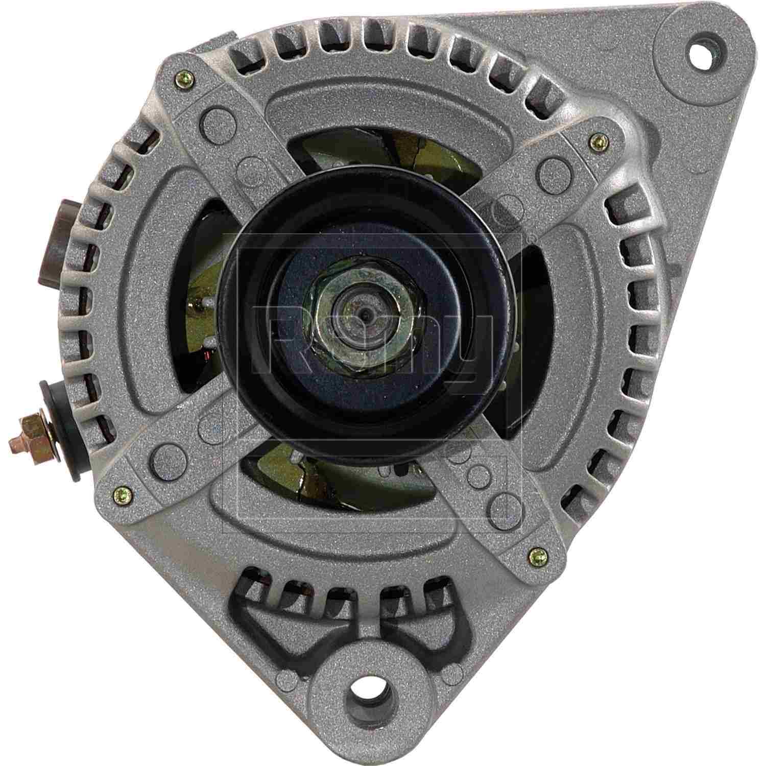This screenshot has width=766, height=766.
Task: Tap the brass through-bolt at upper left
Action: point(184,78)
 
